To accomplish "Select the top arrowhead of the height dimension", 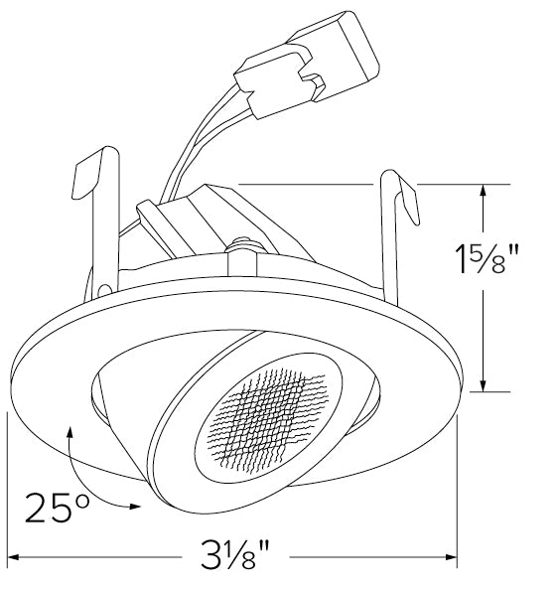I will pyautogui.click(x=484, y=191).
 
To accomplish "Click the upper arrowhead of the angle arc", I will pyautogui.click(x=71, y=430).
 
